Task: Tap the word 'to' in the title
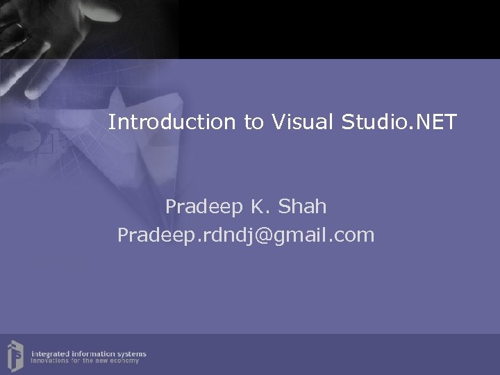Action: [253, 123]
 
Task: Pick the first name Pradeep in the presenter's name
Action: [203, 207]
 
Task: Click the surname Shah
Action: [302, 207]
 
